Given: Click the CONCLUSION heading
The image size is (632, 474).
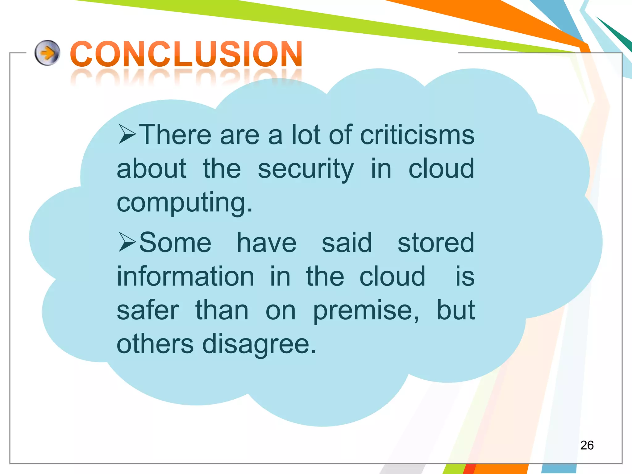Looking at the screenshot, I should tap(186, 54).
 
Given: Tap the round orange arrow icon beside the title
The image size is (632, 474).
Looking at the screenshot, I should tap(47, 53).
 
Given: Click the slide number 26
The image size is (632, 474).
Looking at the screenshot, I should tap(587, 445).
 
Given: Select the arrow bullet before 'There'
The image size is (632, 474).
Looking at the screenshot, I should tap(127, 135).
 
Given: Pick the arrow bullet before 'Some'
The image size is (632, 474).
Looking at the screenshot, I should tap(127, 243).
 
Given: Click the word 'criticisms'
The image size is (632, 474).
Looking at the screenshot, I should tap(417, 135).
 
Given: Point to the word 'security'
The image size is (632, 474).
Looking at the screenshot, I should tap(306, 169).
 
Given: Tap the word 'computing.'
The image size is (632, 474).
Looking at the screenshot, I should tap(185, 203).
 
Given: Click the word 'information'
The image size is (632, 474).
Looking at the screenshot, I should tap(185, 276).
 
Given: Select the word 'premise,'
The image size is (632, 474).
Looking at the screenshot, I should tap(366, 310).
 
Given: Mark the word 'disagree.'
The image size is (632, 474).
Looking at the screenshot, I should tap(259, 344).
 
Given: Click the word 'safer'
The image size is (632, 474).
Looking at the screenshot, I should tap(148, 310).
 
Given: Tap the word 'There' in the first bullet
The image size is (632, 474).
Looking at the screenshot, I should tap(175, 135).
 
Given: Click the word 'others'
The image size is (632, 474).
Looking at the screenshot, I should tap(155, 344).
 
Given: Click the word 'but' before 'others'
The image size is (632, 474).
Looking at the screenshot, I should tap(455, 310).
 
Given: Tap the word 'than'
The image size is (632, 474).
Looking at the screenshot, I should tap(222, 310).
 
